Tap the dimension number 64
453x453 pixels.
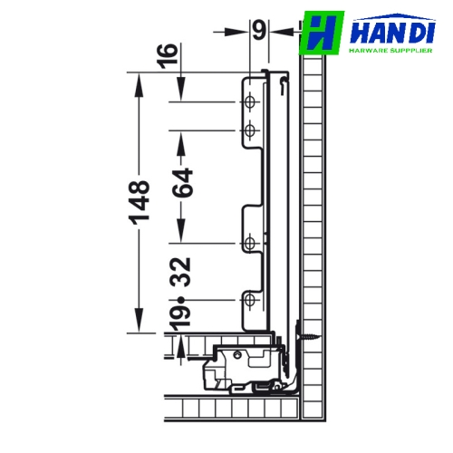point(182,183)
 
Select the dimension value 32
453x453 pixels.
point(180,272)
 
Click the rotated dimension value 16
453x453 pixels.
point(168,56)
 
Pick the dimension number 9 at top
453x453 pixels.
point(259,30)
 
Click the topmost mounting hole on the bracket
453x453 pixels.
point(249,102)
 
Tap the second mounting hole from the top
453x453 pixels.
point(249,130)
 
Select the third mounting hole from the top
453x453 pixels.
point(249,243)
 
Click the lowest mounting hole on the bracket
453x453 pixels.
point(249,300)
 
